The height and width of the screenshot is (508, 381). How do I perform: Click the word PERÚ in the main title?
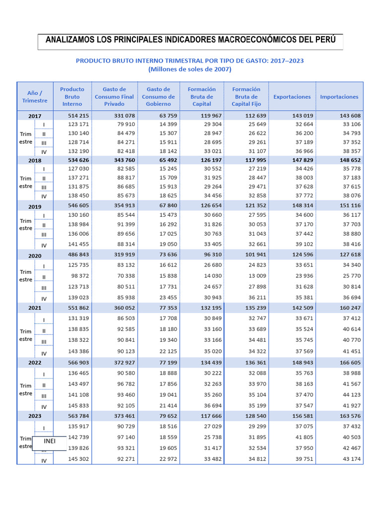(x=325, y=40)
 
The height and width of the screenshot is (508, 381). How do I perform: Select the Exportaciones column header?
(x=292, y=97)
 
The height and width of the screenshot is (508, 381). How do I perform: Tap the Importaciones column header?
(x=339, y=97)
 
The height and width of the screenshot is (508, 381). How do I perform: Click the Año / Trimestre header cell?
(x=35, y=97)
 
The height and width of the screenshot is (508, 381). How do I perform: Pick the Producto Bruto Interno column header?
(x=72, y=97)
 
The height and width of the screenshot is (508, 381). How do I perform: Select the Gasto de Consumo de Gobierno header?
(x=158, y=97)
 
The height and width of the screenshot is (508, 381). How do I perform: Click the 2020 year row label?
(x=35, y=255)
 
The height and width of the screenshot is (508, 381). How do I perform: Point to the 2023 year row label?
(x=35, y=416)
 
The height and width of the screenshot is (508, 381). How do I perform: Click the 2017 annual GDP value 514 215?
(x=78, y=116)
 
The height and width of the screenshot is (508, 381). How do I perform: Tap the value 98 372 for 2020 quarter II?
(x=80, y=276)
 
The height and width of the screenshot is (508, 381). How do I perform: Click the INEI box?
(x=50, y=442)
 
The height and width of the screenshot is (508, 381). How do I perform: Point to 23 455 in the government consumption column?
(x=168, y=298)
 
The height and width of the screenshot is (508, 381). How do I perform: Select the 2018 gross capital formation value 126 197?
(x=211, y=160)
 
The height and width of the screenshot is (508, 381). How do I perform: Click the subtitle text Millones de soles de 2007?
(x=190, y=69)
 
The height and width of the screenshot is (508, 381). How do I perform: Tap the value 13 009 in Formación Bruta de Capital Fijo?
(x=257, y=276)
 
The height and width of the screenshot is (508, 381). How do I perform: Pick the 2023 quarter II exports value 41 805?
(x=304, y=437)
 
